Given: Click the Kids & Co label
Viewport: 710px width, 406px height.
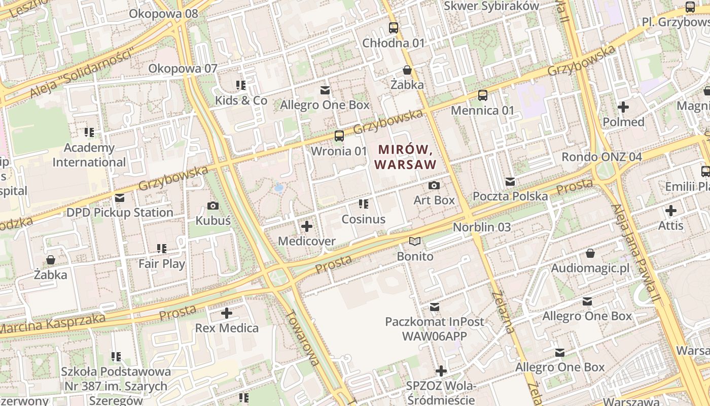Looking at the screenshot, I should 241,100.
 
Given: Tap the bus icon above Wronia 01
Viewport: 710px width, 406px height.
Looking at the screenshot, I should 339,136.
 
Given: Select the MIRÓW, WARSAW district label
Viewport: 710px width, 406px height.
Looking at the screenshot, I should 405,157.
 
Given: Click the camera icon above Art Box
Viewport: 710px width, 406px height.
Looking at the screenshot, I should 434,186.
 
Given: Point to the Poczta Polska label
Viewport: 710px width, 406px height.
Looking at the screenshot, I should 510,196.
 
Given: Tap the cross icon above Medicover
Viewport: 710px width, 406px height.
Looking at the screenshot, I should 307,226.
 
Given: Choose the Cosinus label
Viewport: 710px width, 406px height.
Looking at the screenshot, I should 364,219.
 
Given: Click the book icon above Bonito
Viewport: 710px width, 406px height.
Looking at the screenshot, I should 415,242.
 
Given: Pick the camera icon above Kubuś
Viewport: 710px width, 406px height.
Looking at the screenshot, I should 213,206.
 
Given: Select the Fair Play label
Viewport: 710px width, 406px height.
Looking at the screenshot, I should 162,264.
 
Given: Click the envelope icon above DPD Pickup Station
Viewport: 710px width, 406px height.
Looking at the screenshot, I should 120,198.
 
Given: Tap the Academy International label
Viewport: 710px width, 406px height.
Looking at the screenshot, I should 89,155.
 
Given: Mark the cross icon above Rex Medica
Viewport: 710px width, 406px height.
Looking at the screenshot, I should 227,313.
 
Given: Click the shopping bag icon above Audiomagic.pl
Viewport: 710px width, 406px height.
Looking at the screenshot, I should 590,253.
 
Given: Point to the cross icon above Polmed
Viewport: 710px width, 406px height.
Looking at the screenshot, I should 623,107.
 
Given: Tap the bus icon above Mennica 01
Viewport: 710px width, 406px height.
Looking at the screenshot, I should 483,95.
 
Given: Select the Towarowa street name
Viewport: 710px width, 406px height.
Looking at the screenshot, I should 302,337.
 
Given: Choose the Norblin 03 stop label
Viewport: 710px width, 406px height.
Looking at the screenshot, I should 482,227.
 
